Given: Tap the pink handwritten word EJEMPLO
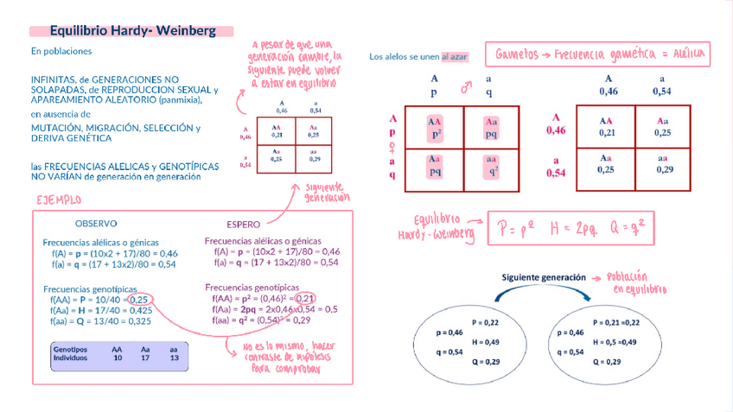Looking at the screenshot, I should point(58,200).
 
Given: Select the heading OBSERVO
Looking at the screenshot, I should point(96,223).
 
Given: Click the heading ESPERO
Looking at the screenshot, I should point(243,223).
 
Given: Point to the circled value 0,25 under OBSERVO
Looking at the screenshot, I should point(141,299).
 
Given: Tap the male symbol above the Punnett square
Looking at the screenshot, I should point(466,87).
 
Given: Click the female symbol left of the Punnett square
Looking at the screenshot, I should point(393,146).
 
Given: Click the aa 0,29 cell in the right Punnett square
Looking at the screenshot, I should point(664,164).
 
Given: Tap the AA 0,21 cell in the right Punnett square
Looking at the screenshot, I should point(606,127).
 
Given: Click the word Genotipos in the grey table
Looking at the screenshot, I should point(70,349).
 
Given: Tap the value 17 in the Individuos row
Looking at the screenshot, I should point(145,357).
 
